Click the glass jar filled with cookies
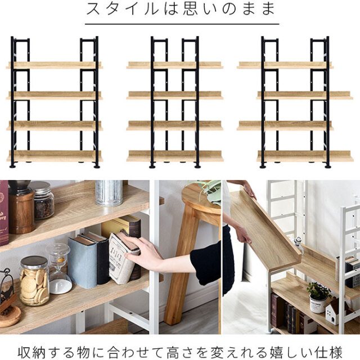[34, 281]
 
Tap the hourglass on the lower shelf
[58, 269]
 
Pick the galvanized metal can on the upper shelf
[109, 193]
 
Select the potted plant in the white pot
[318, 298]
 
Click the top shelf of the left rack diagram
[55, 65]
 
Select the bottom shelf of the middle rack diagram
[175, 156]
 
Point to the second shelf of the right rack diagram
[305, 95]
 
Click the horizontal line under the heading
[182, 24]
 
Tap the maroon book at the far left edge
[4, 214]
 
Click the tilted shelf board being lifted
[264, 229]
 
